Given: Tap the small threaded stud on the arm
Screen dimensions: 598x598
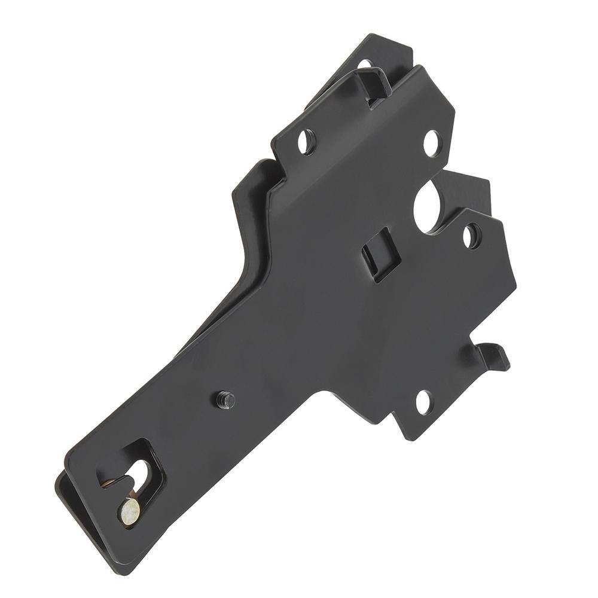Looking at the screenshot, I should coord(225,399).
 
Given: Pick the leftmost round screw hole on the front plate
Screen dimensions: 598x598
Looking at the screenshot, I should coord(307,142).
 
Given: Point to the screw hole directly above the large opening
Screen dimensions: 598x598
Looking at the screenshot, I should coord(432,142).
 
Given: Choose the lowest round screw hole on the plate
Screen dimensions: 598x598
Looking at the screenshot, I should coord(423,402).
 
